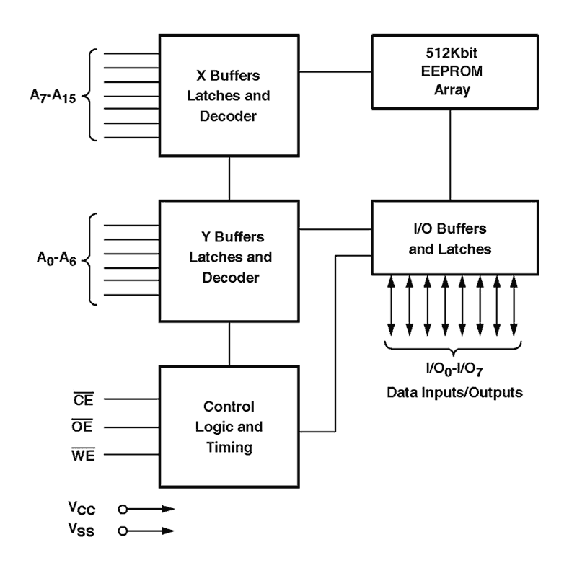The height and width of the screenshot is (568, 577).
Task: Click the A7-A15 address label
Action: (x=53, y=97)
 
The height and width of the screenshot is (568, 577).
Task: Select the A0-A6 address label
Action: (x=57, y=258)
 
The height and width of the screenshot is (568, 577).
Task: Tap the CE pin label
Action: (x=84, y=399)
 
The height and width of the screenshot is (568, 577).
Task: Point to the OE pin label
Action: (x=82, y=426)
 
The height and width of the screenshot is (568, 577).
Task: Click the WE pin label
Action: (x=83, y=455)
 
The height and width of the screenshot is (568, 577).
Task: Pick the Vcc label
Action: (x=82, y=508)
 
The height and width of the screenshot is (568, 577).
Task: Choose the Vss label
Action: (x=82, y=530)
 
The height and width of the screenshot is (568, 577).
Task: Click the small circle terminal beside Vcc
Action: (x=123, y=509)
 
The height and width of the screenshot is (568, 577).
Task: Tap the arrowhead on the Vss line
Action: (x=168, y=531)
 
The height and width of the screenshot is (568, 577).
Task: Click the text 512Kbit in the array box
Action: (x=452, y=53)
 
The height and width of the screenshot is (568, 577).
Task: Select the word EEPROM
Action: (x=452, y=71)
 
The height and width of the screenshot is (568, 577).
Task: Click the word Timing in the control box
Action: (x=229, y=448)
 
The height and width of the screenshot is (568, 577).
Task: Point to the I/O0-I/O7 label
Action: (x=454, y=369)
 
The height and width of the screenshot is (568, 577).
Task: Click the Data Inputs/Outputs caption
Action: (x=454, y=393)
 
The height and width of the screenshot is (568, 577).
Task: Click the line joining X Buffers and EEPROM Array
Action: (x=335, y=72)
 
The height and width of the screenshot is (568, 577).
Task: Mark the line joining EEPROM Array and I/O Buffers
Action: (x=450, y=155)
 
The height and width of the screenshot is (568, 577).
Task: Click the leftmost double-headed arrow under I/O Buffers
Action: (x=391, y=306)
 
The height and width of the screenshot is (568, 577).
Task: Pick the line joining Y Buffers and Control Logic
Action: (x=229, y=344)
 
